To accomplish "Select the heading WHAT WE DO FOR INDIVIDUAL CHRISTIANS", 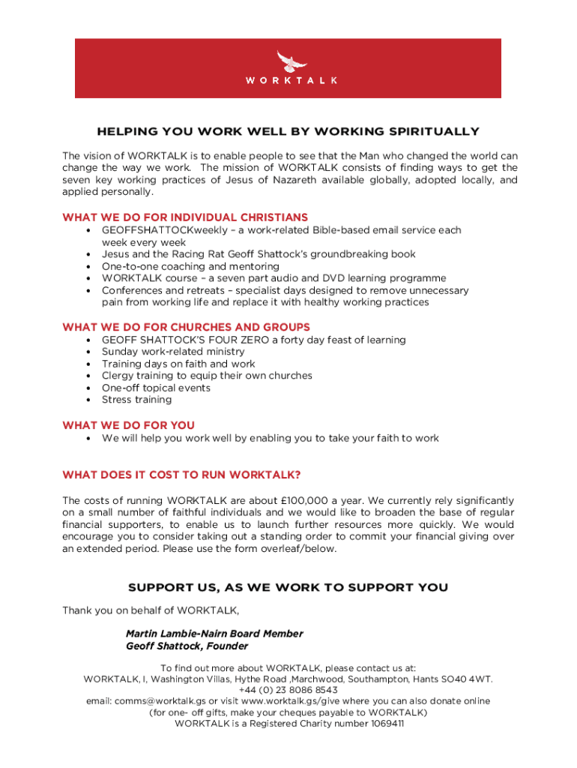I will (x=185, y=217).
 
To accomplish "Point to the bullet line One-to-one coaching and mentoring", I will (x=190, y=266).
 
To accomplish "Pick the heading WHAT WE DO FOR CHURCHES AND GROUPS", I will (x=186, y=327).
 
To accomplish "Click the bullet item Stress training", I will (x=136, y=400).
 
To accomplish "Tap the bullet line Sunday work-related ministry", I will (x=173, y=352).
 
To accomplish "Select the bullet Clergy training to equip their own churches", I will (x=207, y=376).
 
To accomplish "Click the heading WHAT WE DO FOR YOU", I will (x=128, y=425).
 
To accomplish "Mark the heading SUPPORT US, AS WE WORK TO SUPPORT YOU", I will (x=288, y=587).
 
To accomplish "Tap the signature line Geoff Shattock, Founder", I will (x=187, y=646).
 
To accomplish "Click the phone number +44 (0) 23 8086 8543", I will (x=288, y=690).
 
